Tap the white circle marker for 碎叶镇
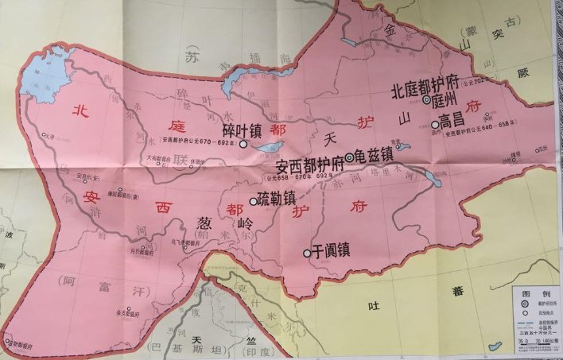(x=243, y=145)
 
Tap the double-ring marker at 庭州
(x=427, y=100)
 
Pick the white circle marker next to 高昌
(x=435, y=124)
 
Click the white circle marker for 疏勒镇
(x=254, y=201)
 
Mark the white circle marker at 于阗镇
(x=307, y=253)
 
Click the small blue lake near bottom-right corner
(x=495, y=346)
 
